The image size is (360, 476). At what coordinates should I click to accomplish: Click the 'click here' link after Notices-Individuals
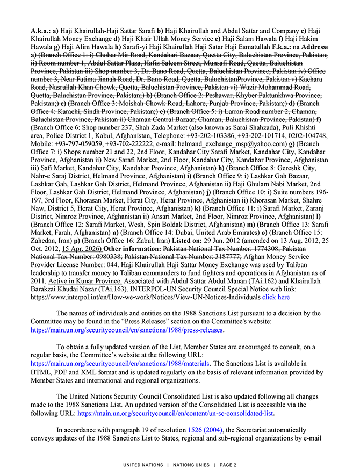click(276, 297)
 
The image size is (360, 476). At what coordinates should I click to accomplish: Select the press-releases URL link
click(127, 330)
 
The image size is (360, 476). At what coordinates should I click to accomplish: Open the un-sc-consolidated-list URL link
click(175, 414)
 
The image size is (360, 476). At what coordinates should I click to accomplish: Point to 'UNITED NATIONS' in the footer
click(143, 464)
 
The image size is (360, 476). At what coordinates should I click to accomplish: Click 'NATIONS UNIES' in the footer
click(190, 464)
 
